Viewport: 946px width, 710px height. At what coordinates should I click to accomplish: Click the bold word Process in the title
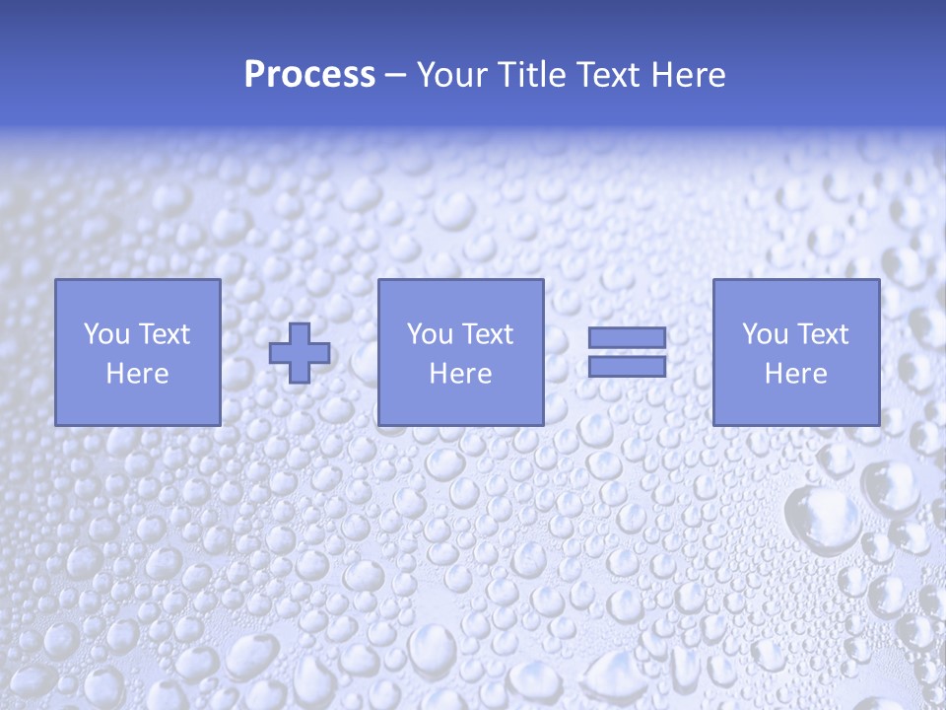tap(309, 75)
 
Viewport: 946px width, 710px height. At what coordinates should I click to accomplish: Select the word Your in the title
tap(450, 75)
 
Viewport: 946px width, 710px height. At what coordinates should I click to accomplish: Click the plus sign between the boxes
tap(300, 353)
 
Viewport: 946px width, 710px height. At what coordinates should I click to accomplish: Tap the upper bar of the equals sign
tap(627, 338)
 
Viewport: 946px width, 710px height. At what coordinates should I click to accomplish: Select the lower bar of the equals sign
tap(627, 367)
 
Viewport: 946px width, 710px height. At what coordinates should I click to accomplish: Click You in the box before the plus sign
tap(106, 334)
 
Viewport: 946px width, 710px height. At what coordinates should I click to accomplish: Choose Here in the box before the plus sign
tap(137, 374)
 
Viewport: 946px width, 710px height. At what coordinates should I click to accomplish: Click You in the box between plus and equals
tap(430, 334)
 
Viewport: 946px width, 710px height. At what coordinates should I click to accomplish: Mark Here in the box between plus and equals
tap(460, 374)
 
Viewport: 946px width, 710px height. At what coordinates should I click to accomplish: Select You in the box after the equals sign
tap(765, 334)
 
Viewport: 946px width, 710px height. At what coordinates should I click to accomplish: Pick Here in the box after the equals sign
tap(795, 374)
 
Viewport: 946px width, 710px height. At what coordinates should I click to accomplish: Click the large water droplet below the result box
tap(822, 518)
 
